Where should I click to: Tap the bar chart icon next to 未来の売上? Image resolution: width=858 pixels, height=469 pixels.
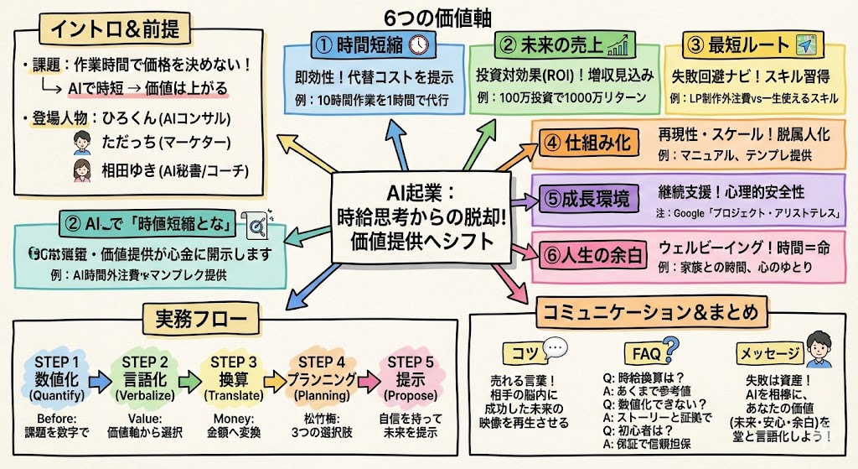point(619,44)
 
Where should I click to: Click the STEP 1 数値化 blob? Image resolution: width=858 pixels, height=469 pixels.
point(57,378)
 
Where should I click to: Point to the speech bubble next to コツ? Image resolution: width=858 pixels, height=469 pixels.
point(556,347)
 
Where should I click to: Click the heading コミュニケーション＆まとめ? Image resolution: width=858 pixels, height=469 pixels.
point(650,313)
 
